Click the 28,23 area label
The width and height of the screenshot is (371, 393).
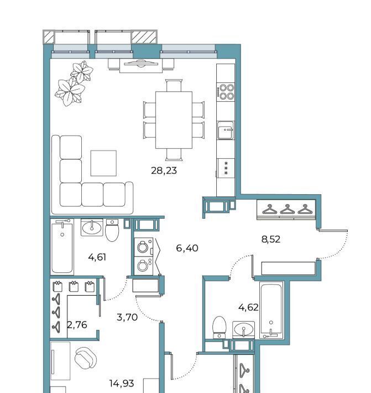coord(164,170)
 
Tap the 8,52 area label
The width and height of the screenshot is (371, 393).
coord(270,239)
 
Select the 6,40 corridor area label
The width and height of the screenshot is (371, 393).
coord(187,248)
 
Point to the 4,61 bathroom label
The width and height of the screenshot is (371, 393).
coord(97,257)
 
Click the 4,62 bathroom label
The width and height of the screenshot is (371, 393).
coord(248,307)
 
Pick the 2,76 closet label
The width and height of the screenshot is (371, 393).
coord(77,325)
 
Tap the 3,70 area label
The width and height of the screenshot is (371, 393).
coord(127,317)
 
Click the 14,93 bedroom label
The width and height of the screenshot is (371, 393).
coord(122,383)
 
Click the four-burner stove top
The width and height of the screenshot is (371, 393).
coord(226,92)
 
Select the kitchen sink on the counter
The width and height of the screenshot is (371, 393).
coord(225,130)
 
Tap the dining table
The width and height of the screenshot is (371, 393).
coord(174,120)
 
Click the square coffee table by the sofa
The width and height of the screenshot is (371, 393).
coord(103,163)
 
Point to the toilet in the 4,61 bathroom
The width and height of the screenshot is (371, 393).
coord(112,230)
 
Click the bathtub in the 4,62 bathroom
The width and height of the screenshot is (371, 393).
coord(271,310)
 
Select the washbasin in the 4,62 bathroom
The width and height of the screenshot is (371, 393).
coord(243,329)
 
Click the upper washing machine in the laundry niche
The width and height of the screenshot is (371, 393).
coord(143,247)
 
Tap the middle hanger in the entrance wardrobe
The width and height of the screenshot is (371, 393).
coord(287,209)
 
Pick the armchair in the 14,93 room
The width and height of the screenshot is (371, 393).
coord(86,358)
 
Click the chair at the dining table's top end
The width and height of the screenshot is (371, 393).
coord(174,85)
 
